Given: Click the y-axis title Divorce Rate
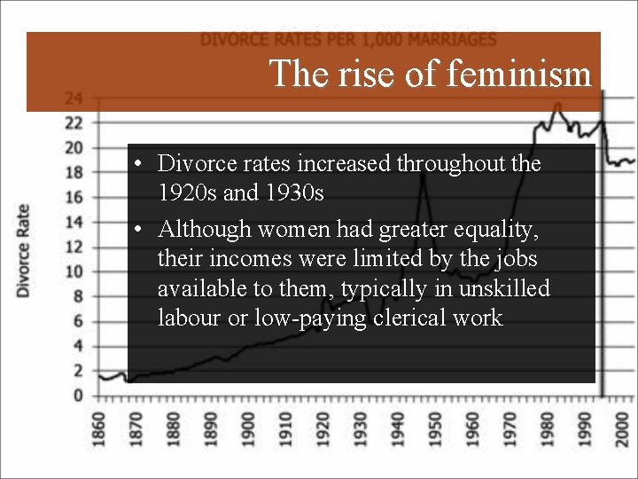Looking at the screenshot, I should [x=23, y=250].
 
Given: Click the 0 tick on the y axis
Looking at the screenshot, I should [x=78, y=396].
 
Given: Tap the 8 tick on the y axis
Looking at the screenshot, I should [x=78, y=296].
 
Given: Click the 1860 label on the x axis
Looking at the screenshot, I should [x=98, y=428].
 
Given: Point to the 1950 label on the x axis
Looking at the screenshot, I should [x=436, y=428].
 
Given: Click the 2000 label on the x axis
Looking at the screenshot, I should [x=623, y=428].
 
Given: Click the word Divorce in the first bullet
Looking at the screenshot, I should [x=191, y=163].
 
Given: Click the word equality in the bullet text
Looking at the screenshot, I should [x=492, y=230].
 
